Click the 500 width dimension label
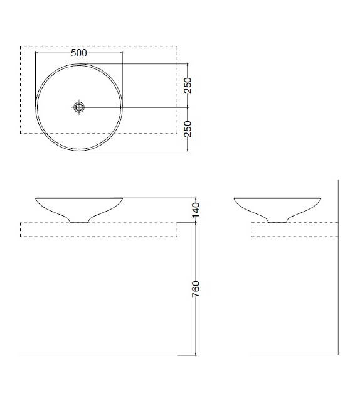(x=79, y=53)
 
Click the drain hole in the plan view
(x=79, y=107)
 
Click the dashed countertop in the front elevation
(x=100, y=230)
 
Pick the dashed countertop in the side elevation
(x=294, y=230)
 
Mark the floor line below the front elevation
(x=94, y=355)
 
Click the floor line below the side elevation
(x=294, y=355)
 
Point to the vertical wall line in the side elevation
(x=338, y=282)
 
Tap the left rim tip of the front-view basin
(x=36, y=199)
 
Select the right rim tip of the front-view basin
(x=122, y=199)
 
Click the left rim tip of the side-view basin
(x=235, y=199)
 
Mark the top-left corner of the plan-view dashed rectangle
(x=21, y=46)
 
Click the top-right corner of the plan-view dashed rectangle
(x=179, y=46)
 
